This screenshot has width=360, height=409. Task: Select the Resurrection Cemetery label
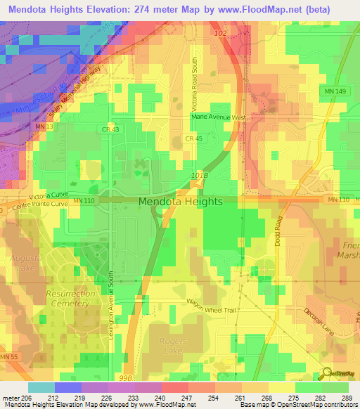point(67,299)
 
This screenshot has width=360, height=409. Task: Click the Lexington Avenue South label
point(111,306)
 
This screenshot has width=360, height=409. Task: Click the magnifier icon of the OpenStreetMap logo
point(328,373)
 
